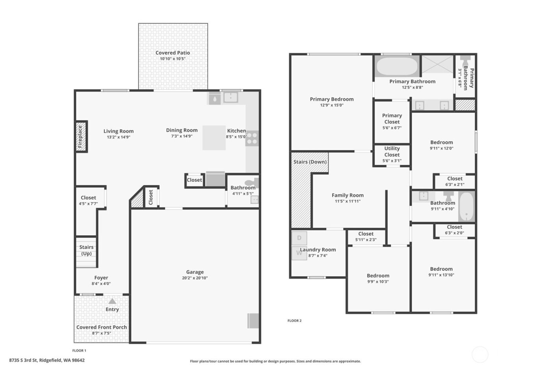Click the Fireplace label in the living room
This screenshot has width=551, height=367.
click(x=80, y=136)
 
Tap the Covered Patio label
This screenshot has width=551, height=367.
click(x=172, y=53)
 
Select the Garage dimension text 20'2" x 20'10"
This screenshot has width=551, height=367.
click(x=195, y=278)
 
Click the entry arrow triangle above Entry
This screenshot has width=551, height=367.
click(x=112, y=301)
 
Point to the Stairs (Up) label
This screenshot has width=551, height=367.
click(x=86, y=250)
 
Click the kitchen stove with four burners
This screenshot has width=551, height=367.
click(x=252, y=138)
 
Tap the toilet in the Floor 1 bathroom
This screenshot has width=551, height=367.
click(x=250, y=183)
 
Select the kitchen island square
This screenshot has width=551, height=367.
click(x=214, y=138)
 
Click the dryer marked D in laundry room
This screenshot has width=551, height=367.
click(x=299, y=238)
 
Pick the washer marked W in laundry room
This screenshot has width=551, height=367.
click(x=299, y=253)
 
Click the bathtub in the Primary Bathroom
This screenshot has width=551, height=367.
click(x=397, y=66)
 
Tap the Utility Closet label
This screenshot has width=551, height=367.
click(x=392, y=151)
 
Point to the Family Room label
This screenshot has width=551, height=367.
click(x=348, y=195)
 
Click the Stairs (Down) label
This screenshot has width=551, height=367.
click(x=310, y=162)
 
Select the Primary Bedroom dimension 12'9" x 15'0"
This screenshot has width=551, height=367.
click(x=331, y=105)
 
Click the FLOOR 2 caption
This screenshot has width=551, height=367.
click(x=294, y=321)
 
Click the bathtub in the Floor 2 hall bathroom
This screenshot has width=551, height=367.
click(x=467, y=207)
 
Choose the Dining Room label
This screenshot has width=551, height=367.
click(x=181, y=130)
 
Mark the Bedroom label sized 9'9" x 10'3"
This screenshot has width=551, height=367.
click(x=378, y=276)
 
